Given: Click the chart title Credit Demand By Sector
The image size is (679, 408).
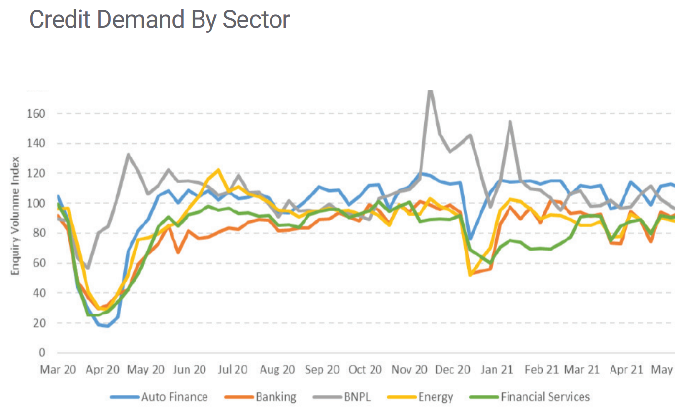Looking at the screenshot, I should pos(159,19).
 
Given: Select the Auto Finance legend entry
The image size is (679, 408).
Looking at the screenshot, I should pos(174,397).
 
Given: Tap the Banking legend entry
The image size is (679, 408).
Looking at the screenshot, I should pos(275,397).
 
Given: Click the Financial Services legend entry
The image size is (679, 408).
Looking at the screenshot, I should pos(544,397).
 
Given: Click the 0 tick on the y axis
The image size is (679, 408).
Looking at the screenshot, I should pos(43,353).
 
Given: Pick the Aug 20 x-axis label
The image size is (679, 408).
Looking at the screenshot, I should pos(278,370).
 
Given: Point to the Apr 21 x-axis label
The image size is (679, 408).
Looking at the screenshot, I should pos(626,370).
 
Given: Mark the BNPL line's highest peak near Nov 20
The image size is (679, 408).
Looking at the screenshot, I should pos(430,91).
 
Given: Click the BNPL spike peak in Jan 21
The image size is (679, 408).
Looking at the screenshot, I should pos(510,121).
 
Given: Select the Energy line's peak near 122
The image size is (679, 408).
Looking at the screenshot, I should pos(218,170).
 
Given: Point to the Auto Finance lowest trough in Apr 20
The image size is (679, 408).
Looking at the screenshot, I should pos(107,326).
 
